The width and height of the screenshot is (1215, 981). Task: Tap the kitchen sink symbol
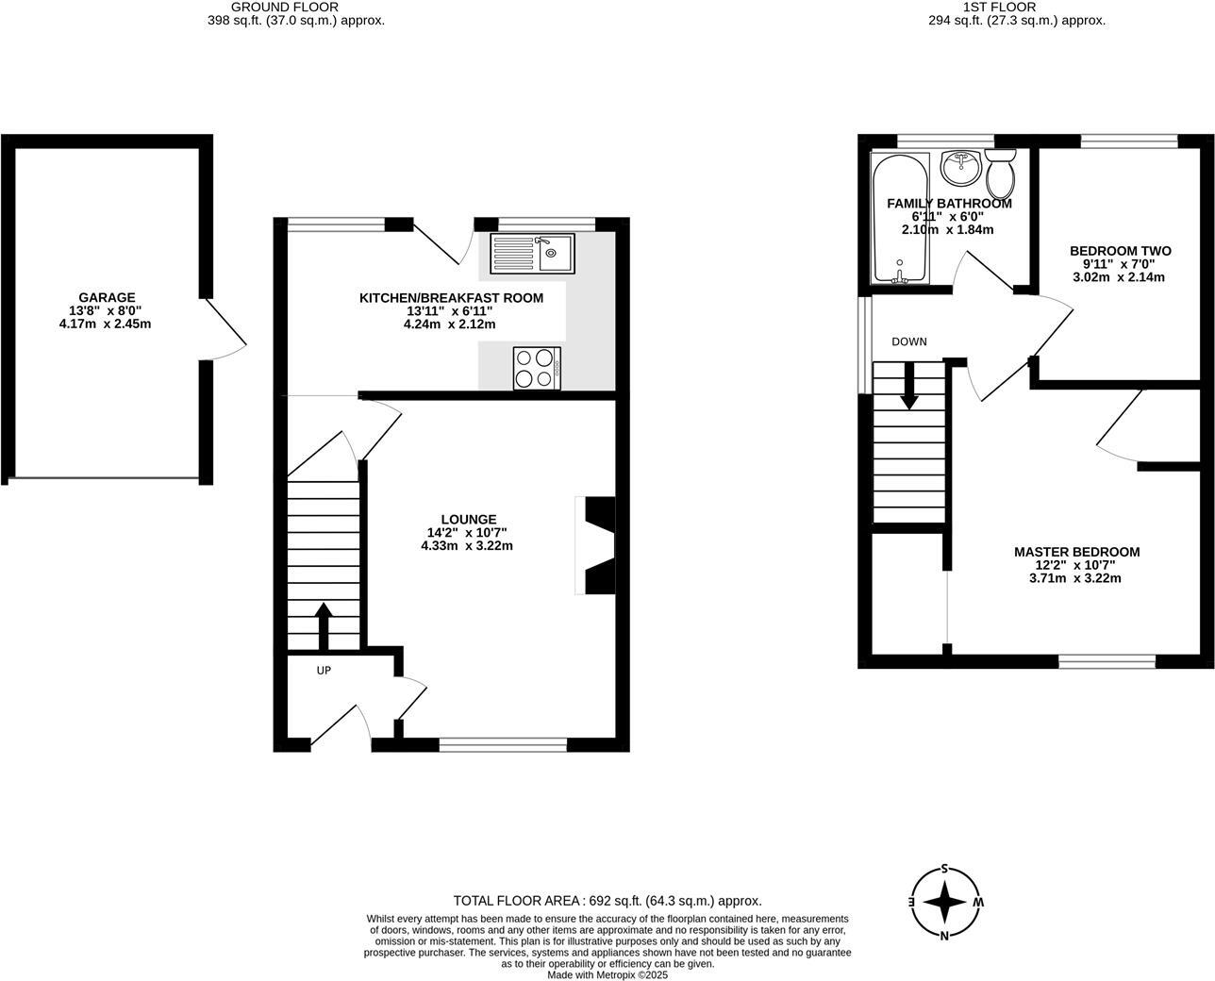point(531,252)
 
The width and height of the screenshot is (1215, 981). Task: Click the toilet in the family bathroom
point(1000,173)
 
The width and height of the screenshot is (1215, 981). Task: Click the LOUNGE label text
point(468,519)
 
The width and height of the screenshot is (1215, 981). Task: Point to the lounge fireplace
point(596,546)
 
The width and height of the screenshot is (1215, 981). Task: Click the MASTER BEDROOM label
point(1076,552)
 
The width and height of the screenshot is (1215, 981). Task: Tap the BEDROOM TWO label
point(1120,251)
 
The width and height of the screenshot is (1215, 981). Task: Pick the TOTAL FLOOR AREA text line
point(607,901)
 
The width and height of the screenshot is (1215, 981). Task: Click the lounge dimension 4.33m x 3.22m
point(467,545)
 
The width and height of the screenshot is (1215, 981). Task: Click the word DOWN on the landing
point(909,341)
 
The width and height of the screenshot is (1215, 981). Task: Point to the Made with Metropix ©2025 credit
point(607,975)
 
